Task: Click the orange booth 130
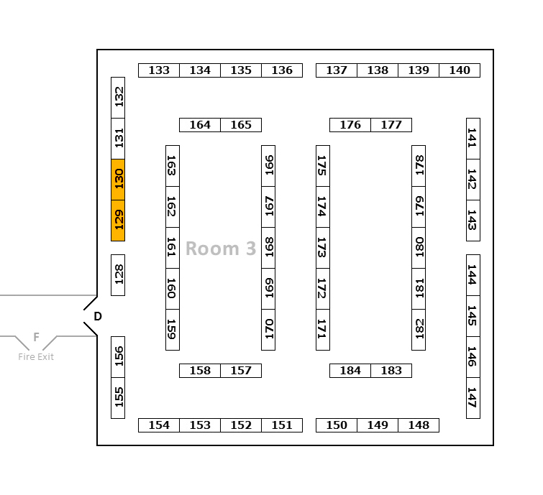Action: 119,179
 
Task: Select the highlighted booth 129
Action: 119,220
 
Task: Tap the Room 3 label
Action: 221,249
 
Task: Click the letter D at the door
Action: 98,316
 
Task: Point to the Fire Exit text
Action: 36,356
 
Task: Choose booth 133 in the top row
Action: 159,70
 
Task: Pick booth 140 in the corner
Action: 460,70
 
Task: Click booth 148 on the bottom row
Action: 419,425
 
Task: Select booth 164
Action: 200,125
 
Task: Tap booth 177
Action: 391,125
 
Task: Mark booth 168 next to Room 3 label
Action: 268,247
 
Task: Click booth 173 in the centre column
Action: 323,247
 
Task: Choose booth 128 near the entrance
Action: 119,274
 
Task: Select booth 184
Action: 350,371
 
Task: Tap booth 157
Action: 241,371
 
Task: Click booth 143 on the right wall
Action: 473,220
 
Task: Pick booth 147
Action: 473,397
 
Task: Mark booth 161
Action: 173,247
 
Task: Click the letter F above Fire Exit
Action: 36,337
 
